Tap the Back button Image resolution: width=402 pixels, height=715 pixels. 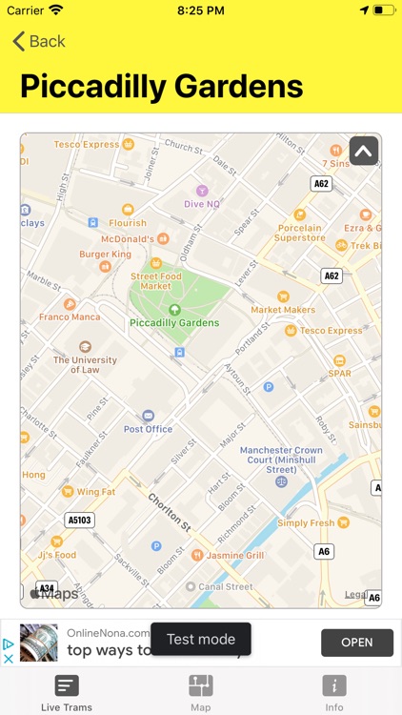click(x=39, y=41)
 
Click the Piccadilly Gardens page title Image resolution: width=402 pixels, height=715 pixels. click(x=161, y=86)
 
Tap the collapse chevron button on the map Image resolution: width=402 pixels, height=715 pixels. click(x=363, y=152)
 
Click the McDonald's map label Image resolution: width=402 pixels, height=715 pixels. click(x=128, y=239)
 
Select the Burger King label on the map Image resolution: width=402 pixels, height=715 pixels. click(x=105, y=255)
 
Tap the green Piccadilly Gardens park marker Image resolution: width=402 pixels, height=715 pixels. click(x=174, y=310)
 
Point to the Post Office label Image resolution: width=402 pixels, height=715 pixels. click(x=148, y=428)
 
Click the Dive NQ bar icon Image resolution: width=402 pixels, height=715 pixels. click(x=201, y=191)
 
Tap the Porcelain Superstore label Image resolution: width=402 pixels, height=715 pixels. click(x=300, y=233)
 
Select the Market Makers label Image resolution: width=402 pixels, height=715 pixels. click(x=283, y=309)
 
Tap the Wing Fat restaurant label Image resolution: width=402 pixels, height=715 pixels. click(x=95, y=492)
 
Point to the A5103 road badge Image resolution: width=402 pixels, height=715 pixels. click(x=81, y=521)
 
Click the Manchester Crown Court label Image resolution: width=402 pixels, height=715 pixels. click(x=281, y=460)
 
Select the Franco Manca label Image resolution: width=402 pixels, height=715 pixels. click(x=70, y=317)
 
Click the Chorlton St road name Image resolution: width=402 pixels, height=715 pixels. click(x=169, y=512)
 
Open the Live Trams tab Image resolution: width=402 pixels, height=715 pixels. click(x=67, y=692)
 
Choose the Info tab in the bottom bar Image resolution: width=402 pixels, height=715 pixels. click(x=334, y=692)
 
